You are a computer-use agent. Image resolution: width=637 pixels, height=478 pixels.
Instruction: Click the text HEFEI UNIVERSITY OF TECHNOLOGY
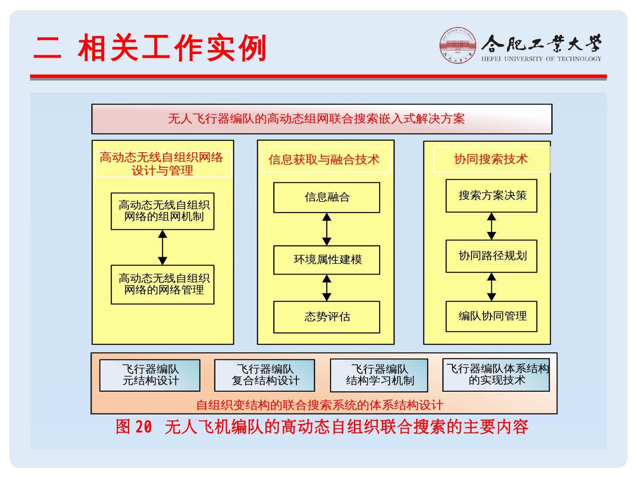coord(541,59)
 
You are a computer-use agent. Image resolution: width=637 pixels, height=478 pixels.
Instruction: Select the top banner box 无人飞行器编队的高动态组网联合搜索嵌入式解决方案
coord(322,119)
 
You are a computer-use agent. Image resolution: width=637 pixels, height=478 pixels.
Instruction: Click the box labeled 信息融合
coord(326,197)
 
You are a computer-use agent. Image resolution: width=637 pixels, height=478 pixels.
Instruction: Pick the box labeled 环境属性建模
coord(326,260)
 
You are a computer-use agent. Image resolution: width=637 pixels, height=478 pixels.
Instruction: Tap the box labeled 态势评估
coord(326,317)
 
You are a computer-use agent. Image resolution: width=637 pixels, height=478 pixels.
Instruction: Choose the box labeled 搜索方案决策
coord(491,196)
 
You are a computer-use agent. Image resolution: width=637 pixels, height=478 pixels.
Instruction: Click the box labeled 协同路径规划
coord(491,256)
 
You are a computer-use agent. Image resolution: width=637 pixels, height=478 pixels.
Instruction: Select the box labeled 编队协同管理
coord(491,316)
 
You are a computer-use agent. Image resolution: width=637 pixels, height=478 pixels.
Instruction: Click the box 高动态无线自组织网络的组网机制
coord(162,211)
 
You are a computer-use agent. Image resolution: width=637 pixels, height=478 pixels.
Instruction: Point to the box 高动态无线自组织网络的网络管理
coord(162,285)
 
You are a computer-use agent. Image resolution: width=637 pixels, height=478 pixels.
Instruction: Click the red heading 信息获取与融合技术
coord(325,159)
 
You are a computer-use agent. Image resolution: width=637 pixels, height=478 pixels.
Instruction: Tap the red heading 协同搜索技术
coord(491,159)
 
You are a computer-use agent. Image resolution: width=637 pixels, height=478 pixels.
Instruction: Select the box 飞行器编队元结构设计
coord(150,375)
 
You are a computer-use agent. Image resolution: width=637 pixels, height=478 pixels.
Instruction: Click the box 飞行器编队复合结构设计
coord(265,375)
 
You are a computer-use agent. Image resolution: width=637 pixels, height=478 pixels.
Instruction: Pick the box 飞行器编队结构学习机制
coord(379,375)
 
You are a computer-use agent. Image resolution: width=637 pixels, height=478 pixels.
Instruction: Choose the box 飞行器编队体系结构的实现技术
coord(496,375)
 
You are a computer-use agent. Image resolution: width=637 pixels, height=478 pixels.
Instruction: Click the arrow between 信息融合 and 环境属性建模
coord(326,229)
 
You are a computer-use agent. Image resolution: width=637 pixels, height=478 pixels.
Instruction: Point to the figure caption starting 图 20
coord(322,427)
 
